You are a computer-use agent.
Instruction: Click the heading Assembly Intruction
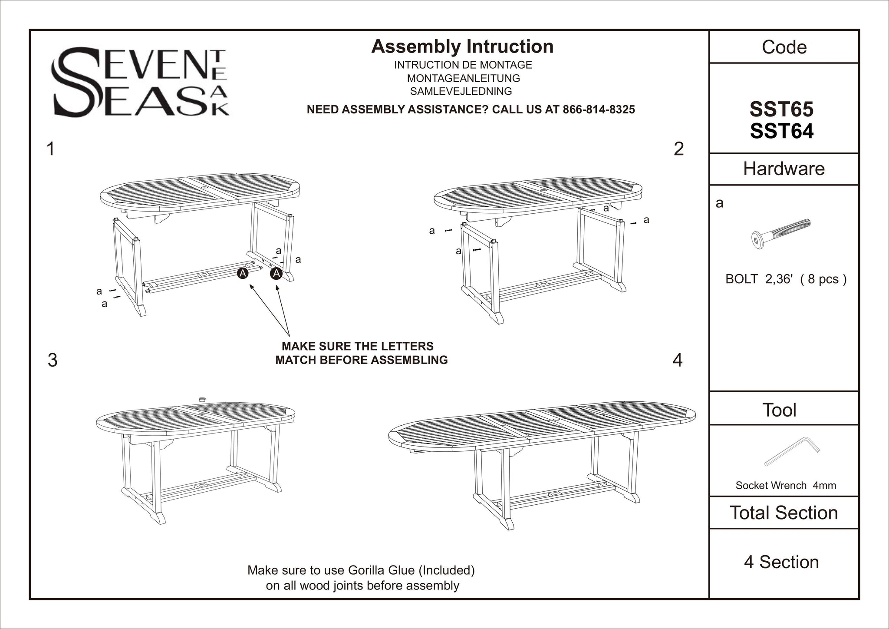(x=462, y=47)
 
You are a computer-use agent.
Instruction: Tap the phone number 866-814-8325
(x=599, y=109)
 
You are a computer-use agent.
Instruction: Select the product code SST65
(x=781, y=109)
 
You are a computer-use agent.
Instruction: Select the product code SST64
(x=781, y=132)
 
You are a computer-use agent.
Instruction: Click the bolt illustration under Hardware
(x=781, y=233)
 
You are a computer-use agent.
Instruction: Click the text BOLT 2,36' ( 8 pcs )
(x=786, y=279)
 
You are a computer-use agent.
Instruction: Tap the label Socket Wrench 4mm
(x=785, y=485)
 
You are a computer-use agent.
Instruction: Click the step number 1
(x=51, y=149)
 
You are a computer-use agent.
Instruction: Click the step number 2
(x=678, y=149)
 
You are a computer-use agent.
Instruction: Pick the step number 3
(x=52, y=360)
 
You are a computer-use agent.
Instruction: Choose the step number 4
(x=677, y=360)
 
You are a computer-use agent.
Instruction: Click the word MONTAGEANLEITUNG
(x=463, y=79)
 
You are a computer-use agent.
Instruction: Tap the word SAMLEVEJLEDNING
(x=461, y=92)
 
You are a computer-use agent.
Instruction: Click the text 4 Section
(x=781, y=562)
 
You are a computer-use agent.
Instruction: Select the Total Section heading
(x=784, y=513)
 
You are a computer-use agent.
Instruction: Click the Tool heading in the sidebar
(x=779, y=410)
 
